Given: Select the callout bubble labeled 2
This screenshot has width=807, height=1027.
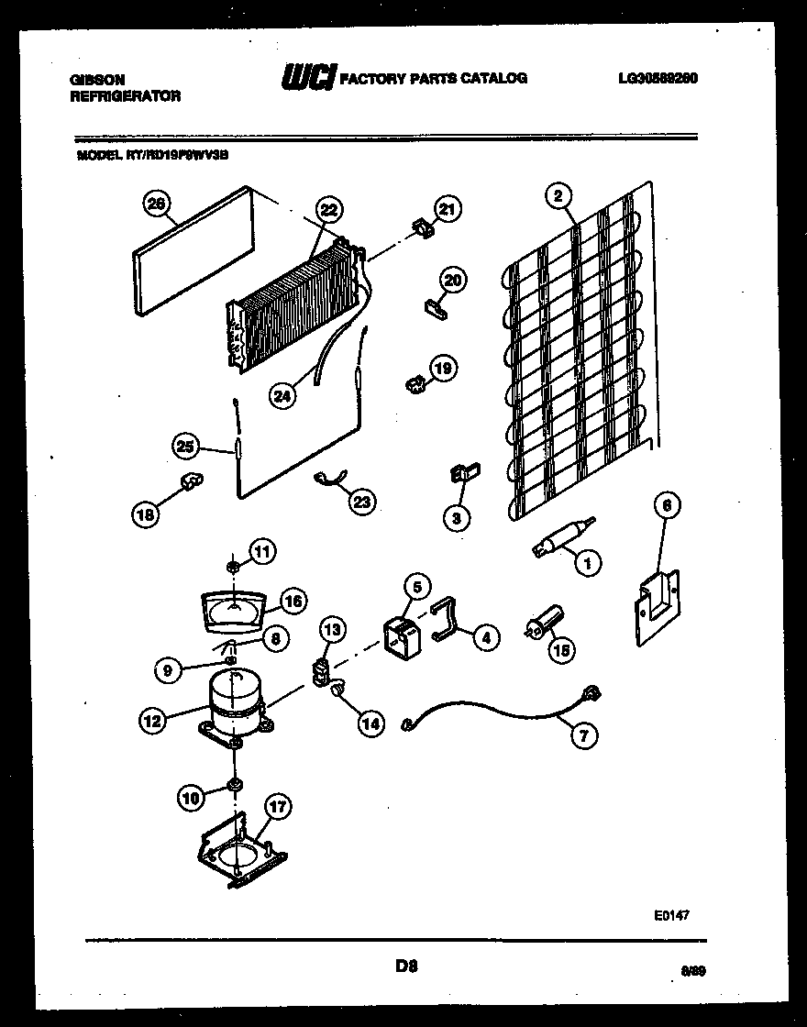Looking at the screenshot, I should click(x=557, y=194).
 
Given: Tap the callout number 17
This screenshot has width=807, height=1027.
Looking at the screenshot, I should click(x=277, y=807).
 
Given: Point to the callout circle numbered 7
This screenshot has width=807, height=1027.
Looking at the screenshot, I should click(x=580, y=734).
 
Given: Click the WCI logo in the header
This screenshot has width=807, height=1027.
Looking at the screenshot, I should click(x=308, y=78).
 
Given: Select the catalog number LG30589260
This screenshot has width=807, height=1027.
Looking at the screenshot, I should click(x=658, y=79).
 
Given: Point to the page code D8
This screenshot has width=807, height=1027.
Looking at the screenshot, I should click(x=406, y=966).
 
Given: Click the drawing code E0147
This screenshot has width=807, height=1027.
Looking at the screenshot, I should click(x=671, y=914).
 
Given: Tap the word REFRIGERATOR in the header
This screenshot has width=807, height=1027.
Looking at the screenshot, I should click(x=125, y=95).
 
